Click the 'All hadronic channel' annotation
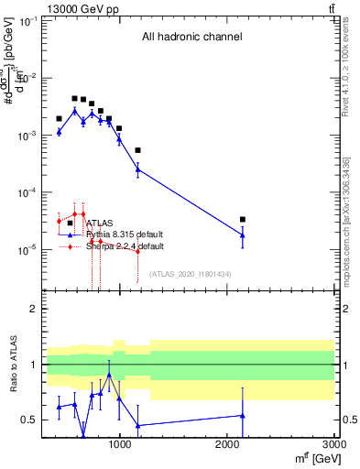[191, 38]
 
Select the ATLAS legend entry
[99, 223]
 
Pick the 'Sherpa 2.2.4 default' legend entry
[125, 246]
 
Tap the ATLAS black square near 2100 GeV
[242, 219]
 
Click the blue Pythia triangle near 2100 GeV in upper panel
[242, 235]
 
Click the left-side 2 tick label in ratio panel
[33, 310]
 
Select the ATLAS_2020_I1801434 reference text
[191, 274]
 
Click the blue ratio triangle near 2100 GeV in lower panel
[242, 415]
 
